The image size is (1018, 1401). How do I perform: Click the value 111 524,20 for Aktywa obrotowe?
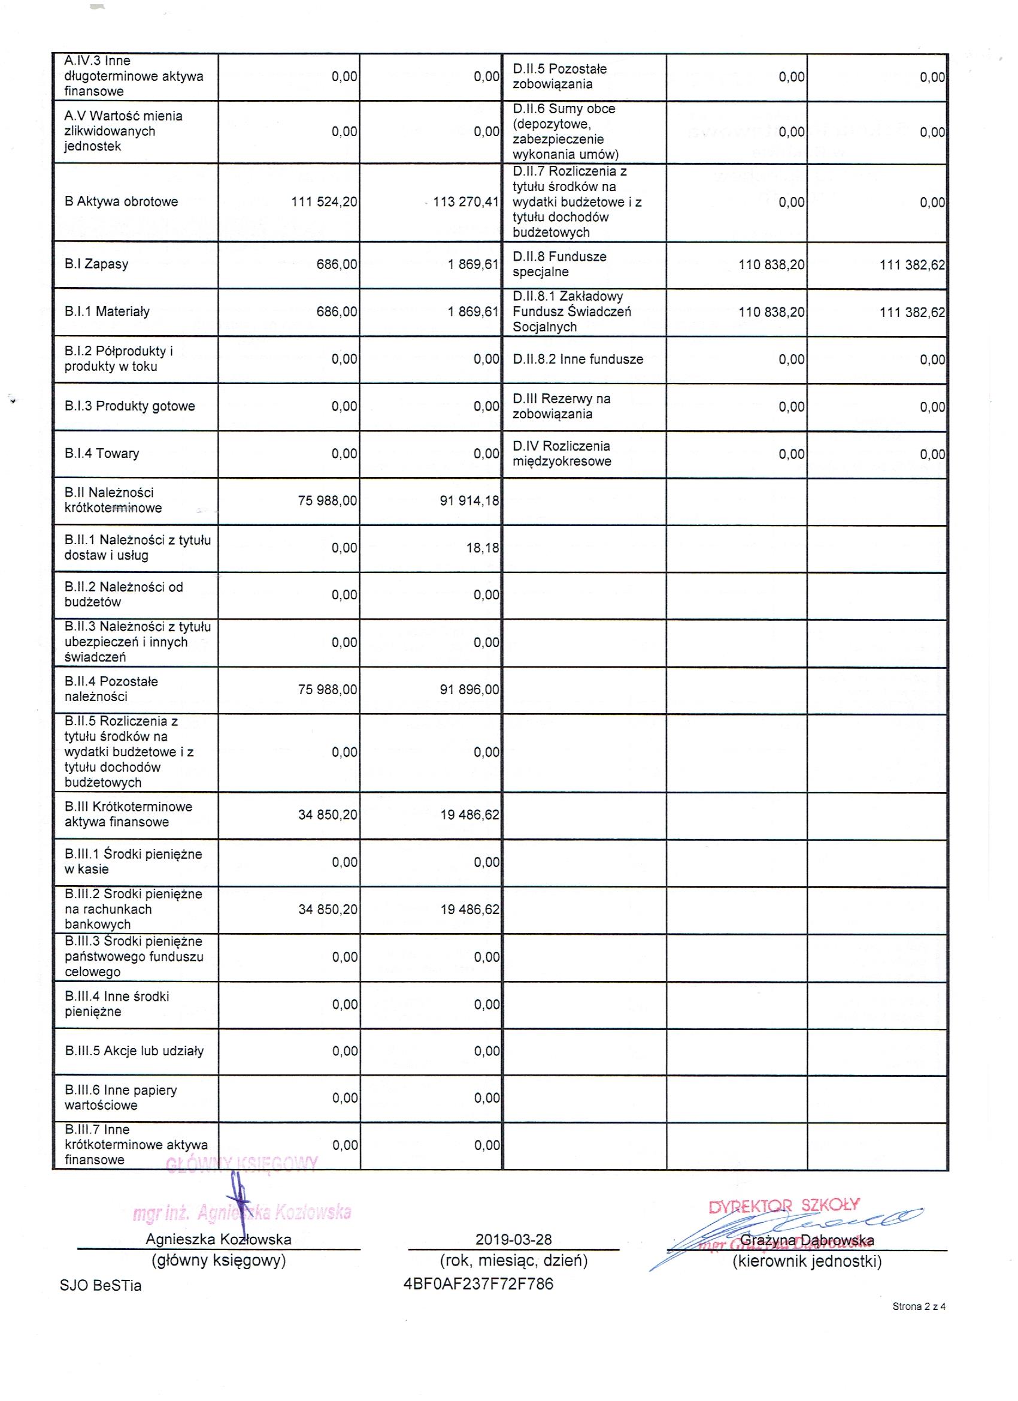324,202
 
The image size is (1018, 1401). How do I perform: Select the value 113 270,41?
466,202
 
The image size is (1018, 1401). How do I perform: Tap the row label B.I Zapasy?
96,264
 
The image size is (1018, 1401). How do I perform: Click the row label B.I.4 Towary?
102,454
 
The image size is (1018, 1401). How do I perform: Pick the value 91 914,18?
469,501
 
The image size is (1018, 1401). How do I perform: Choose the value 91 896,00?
469,689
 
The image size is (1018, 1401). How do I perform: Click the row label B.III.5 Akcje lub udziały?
134,1051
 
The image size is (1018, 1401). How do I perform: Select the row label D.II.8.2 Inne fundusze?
578,360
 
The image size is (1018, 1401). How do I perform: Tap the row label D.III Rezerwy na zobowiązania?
561,406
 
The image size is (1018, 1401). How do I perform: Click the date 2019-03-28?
514,1240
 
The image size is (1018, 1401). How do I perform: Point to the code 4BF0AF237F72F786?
478,1284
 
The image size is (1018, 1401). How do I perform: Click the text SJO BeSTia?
101,1285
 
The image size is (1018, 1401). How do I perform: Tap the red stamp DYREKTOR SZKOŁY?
783,1205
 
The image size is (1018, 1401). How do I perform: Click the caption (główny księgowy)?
219,1261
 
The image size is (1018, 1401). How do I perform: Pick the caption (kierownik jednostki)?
807,1261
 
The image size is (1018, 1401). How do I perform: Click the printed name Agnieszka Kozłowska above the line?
219,1239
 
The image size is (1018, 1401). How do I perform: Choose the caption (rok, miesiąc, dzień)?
514,1261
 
